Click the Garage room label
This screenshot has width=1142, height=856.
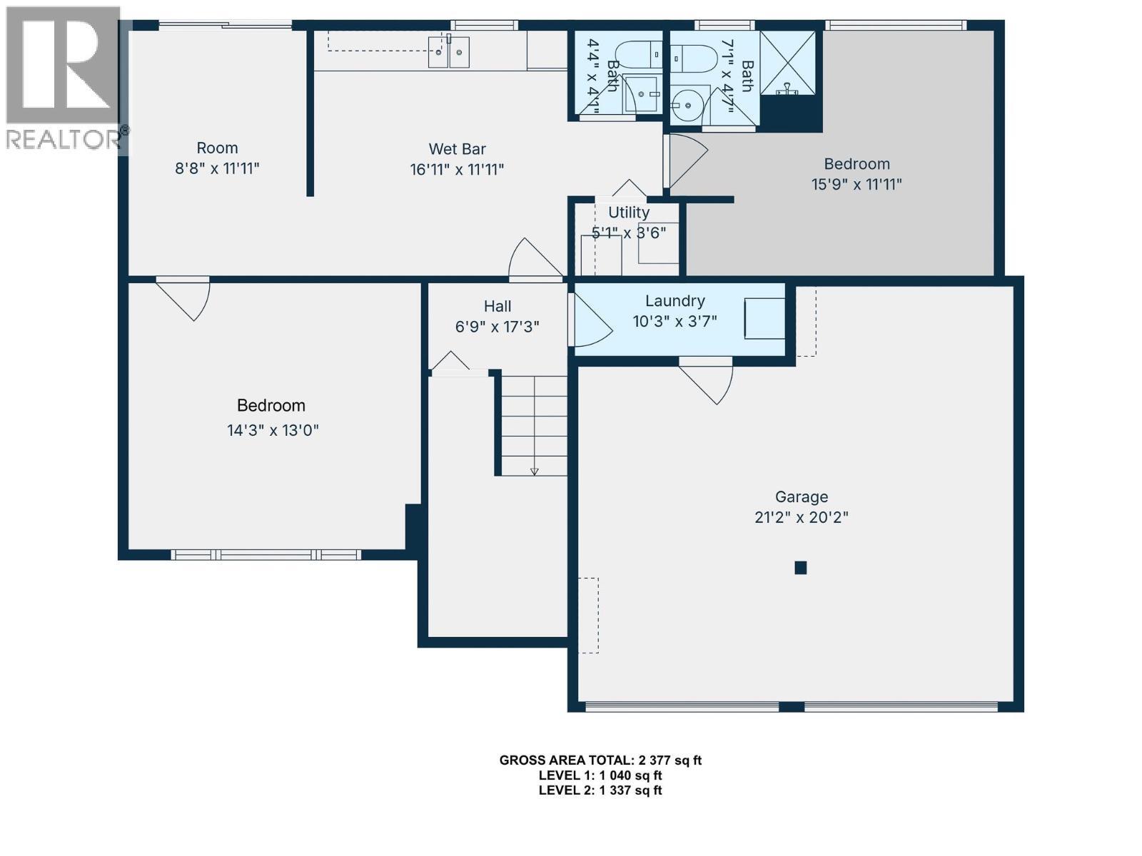(801, 496)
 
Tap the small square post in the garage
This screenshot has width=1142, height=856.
(801, 568)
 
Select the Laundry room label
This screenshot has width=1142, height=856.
(674, 301)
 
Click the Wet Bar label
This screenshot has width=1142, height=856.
(457, 149)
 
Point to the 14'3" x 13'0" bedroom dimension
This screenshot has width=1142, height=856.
(273, 430)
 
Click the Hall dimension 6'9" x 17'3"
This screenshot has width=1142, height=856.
(497, 327)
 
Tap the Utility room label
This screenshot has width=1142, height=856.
(628, 213)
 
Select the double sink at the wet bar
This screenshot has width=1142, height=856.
(449, 52)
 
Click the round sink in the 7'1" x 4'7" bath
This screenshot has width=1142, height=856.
(688, 105)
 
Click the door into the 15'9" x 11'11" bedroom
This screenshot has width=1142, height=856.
(685, 160)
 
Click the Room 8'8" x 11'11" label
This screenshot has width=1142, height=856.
(217, 148)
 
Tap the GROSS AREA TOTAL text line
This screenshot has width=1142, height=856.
(600, 760)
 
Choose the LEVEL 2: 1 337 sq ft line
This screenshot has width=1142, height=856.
(600, 790)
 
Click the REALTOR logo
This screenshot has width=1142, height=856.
(64, 78)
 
